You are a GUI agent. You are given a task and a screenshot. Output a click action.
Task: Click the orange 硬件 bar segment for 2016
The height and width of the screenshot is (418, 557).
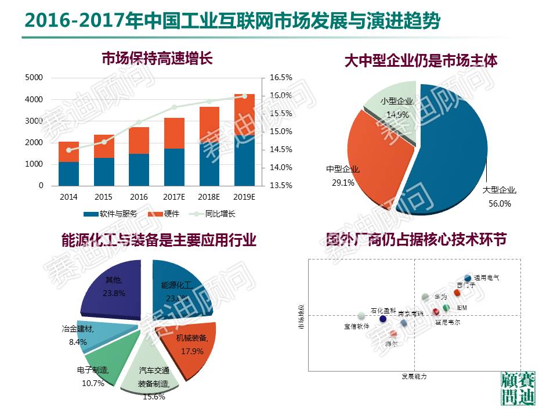(139, 140)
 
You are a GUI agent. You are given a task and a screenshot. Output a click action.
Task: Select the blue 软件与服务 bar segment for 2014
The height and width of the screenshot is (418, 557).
(68, 174)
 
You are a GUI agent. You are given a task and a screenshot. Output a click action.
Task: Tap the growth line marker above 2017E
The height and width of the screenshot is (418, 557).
(174, 107)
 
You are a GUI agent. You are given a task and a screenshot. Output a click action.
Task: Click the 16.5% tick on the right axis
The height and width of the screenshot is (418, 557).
(281, 78)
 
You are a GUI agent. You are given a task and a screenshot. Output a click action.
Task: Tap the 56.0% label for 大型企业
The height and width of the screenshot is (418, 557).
(500, 203)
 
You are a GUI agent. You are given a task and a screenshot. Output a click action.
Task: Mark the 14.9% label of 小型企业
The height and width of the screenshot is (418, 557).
(397, 115)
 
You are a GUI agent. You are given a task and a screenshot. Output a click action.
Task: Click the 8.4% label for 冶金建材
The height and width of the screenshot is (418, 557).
(77, 343)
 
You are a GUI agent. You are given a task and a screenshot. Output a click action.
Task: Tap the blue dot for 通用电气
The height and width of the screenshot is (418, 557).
(468, 279)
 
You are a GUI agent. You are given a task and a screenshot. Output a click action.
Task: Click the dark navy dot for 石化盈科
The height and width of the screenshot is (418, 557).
(382, 319)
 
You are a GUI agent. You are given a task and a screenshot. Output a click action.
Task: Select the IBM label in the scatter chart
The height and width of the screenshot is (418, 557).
(462, 308)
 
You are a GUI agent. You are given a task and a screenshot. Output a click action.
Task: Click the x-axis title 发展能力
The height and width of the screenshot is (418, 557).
(414, 377)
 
